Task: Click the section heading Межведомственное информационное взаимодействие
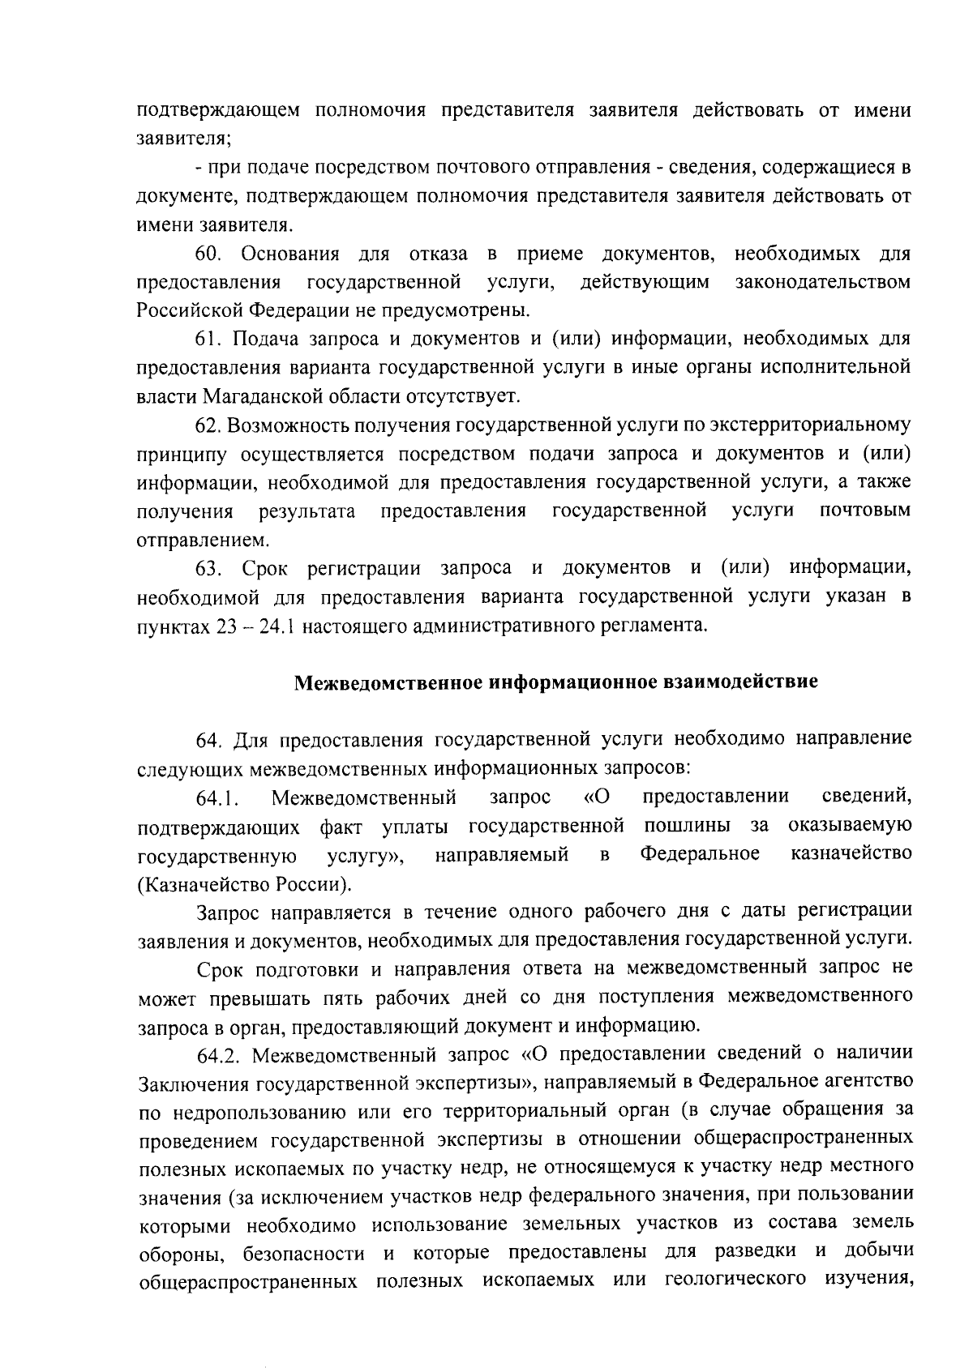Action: point(555,682)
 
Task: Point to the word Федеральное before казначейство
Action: point(700,854)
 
